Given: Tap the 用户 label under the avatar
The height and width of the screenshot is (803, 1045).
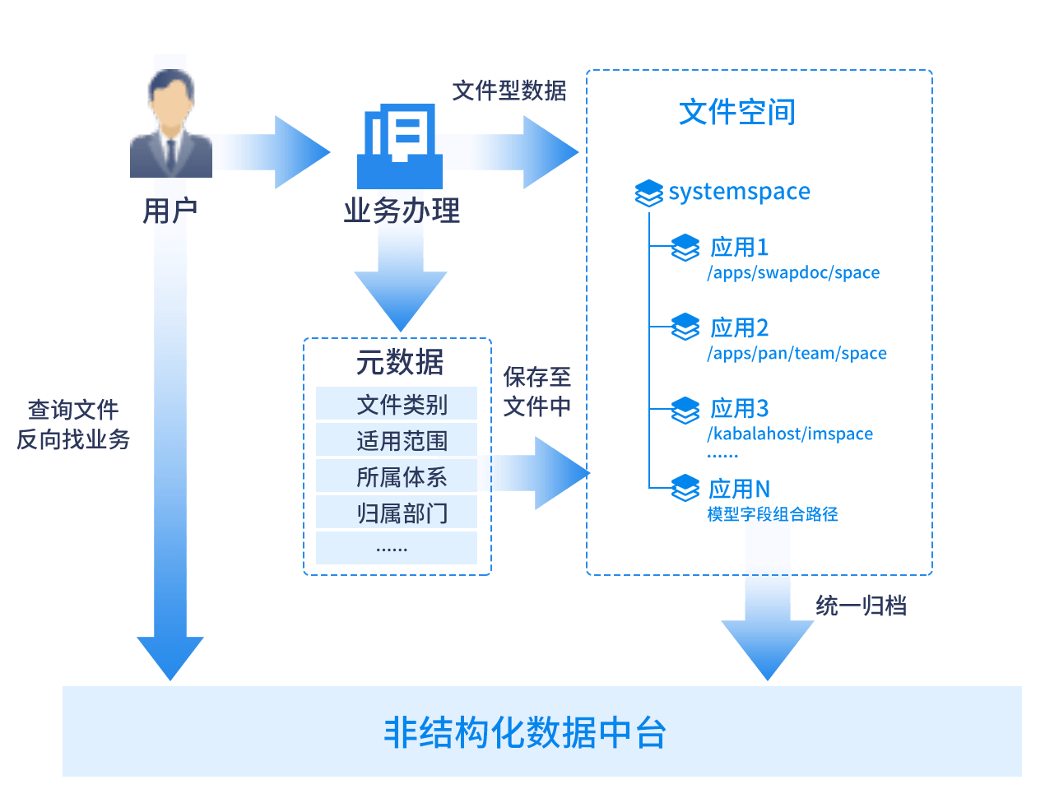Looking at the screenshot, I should (x=170, y=211).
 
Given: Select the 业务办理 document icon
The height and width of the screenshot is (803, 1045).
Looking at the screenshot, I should (x=400, y=146).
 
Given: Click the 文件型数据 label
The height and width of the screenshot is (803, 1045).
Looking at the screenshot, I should (x=509, y=91).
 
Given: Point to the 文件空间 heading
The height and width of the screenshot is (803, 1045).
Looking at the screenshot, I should (x=736, y=112).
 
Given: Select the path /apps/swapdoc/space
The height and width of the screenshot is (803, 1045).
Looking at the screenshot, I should (x=793, y=273).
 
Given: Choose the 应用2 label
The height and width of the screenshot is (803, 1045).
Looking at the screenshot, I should (x=739, y=328).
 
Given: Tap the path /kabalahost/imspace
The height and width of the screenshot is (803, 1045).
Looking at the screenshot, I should (x=790, y=434).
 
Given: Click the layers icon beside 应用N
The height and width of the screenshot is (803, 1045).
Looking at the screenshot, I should (x=685, y=489).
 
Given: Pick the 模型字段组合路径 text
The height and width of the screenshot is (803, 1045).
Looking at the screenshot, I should (x=773, y=514).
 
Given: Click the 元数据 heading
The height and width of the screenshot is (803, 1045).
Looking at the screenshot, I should (x=400, y=362).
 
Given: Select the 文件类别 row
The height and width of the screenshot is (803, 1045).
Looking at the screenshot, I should (x=397, y=404).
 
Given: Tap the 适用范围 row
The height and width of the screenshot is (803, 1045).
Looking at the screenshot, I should (x=397, y=441).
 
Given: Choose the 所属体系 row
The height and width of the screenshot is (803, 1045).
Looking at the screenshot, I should (x=397, y=477).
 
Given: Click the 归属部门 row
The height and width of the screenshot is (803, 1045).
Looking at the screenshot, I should (x=397, y=513).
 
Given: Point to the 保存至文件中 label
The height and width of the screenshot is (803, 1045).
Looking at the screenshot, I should (x=537, y=392).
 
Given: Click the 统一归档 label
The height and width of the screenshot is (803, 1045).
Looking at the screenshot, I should (x=861, y=606).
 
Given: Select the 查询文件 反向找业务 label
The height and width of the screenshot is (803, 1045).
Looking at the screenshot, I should (x=73, y=425).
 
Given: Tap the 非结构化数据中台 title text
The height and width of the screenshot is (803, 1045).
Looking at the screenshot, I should (x=524, y=732).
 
